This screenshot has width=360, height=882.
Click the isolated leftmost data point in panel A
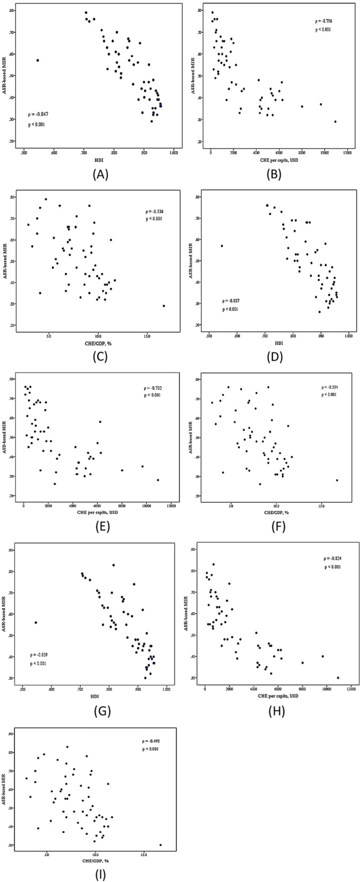point(37,60)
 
